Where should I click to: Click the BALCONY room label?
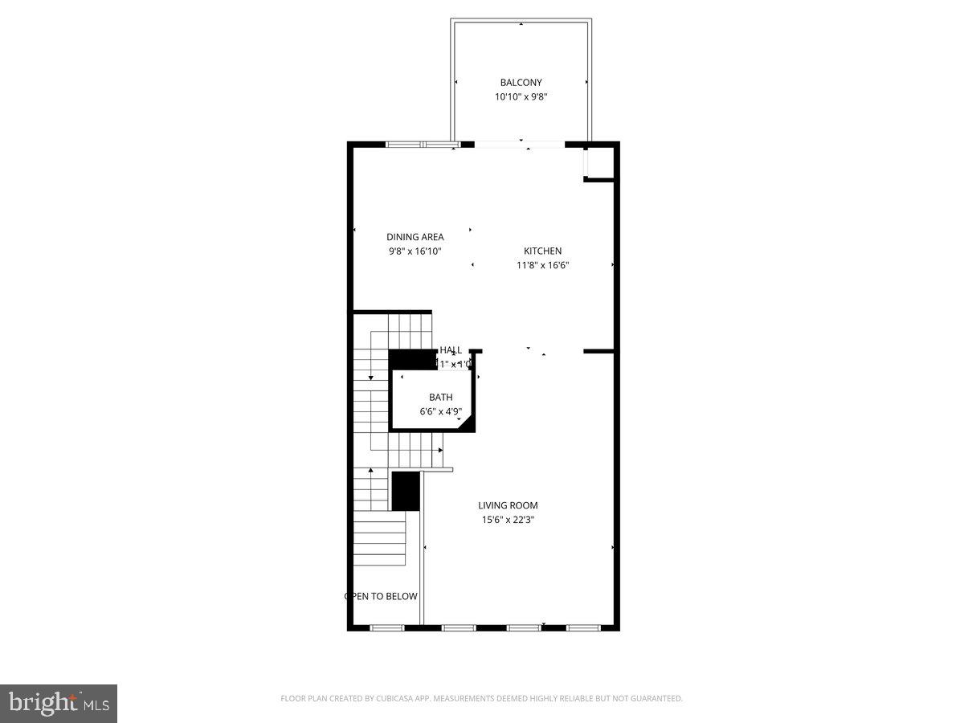[521, 82]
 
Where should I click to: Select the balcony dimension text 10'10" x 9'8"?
[521, 97]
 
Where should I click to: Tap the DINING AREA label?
[415, 237]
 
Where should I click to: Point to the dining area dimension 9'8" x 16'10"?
[415, 251]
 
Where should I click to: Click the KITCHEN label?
[542, 251]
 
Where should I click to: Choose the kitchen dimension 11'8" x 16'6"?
[542, 265]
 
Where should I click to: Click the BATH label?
[440, 397]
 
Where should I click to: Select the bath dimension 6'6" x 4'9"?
[440, 411]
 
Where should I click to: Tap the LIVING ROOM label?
[508, 505]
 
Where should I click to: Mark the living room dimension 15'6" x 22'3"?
[508, 520]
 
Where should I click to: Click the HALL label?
[451, 350]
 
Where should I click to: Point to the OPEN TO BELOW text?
[381, 596]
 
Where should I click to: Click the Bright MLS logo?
[59, 703]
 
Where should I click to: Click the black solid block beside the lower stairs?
[406, 491]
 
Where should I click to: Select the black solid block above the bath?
[412, 359]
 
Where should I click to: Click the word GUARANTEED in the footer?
[653, 699]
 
